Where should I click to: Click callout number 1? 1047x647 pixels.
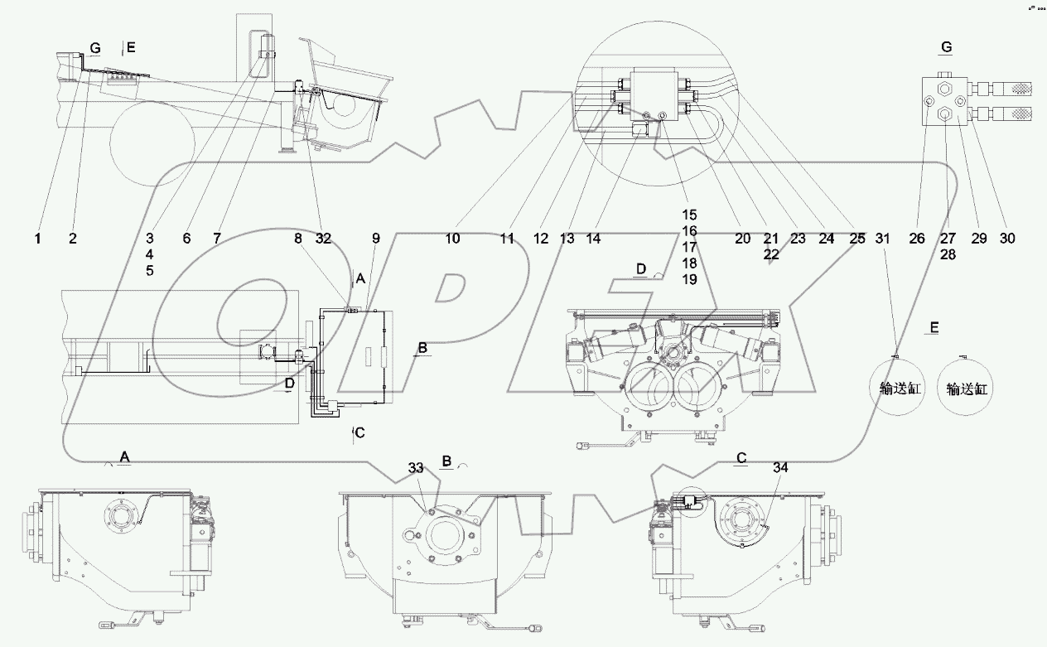click(37, 239)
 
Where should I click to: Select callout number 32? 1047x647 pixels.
click(323, 239)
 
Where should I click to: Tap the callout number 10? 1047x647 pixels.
click(451, 239)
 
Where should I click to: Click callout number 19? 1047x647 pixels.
click(689, 280)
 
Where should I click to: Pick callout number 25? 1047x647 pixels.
click(857, 239)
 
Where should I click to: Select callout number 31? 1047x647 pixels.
click(883, 239)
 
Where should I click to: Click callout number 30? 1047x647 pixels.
click(1006, 239)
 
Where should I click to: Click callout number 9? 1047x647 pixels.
click(375, 239)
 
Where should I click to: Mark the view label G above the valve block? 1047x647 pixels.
click(945, 49)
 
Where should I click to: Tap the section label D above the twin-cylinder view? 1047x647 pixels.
click(640, 270)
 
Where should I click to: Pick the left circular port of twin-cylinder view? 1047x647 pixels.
click(650, 385)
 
